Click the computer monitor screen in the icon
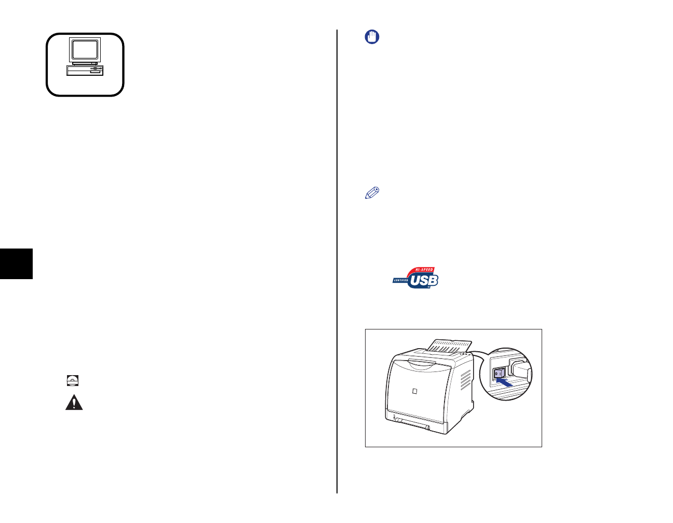click(x=85, y=50)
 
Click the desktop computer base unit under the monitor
click(x=85, y=71)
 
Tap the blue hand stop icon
click(x=372, y=37)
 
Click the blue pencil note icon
click(x=372, y=193)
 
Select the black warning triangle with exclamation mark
click(x=74, y=403)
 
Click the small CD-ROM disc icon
click(x=73, y=381)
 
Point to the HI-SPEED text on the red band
click(x=424, y=270)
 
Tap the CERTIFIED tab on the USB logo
click(x=401, y=280)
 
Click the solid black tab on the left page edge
click(x=16, y=264)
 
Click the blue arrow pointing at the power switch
click(x=504, y=382)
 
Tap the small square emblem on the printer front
click(x=414, y=391)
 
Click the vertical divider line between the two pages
click(x=337, y=259)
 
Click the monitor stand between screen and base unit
click(x=85, y=63)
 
